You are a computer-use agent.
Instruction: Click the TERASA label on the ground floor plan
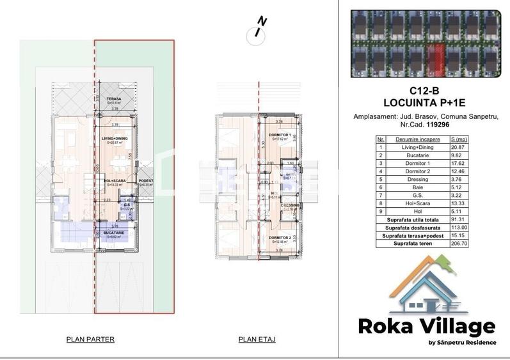pos(114,98)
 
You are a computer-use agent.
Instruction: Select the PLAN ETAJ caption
pos(257,340)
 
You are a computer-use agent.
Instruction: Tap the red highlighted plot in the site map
pos(435,58)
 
